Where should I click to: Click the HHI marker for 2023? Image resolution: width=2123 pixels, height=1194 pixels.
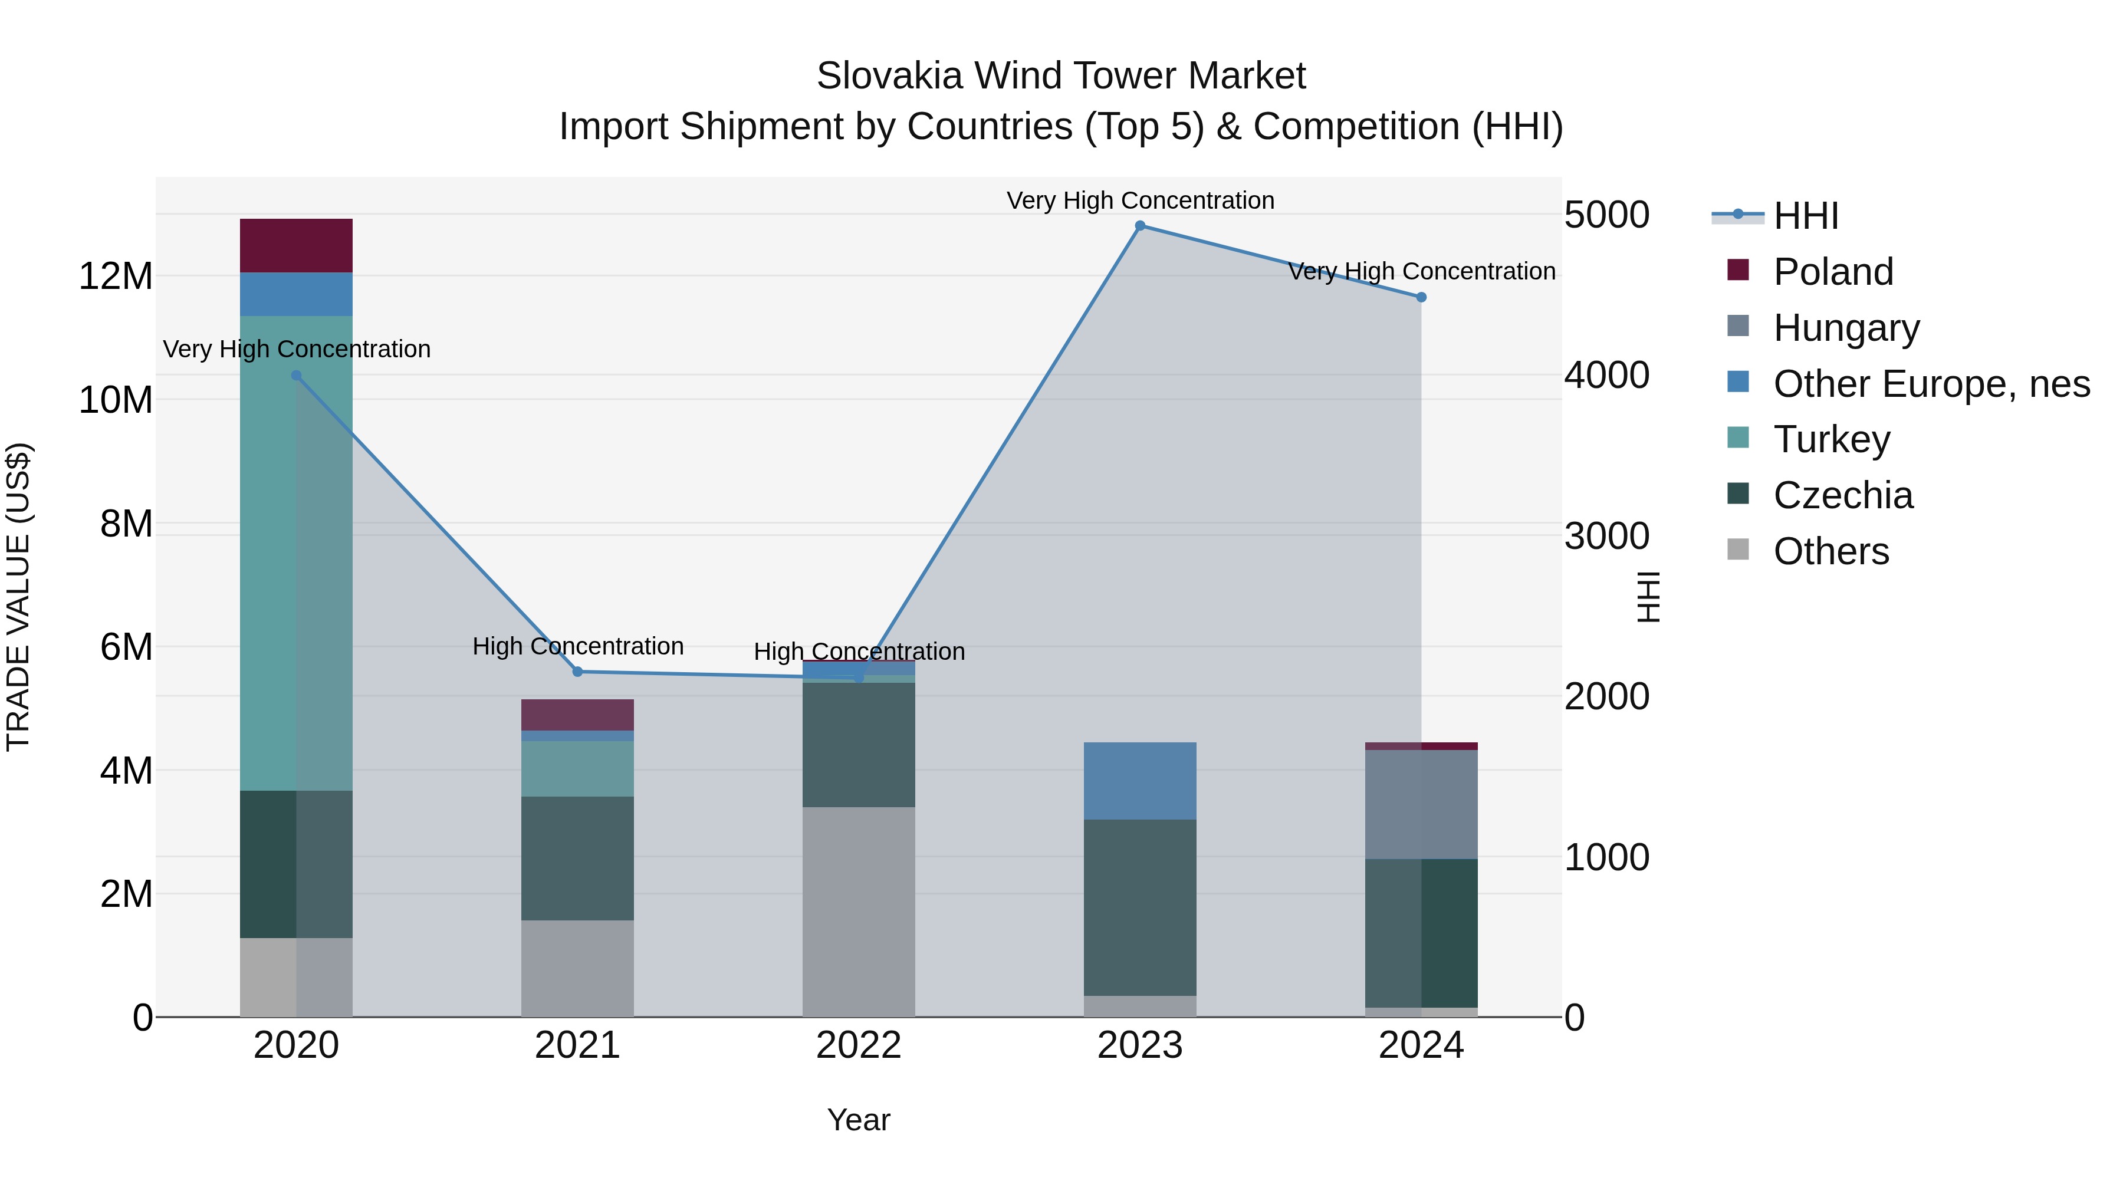click(1140, 226)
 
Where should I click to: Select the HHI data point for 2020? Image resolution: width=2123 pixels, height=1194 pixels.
click(297, 376)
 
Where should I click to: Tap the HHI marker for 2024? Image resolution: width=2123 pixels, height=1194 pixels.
click(1421, 298)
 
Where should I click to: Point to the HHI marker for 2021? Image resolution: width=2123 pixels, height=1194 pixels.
click(578, 672)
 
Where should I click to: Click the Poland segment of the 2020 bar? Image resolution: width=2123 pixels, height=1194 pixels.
click(297, 245)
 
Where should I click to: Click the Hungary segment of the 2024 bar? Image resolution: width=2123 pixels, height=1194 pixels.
click(1421, 804)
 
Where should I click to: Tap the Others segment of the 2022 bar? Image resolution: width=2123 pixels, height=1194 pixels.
click(859, 912)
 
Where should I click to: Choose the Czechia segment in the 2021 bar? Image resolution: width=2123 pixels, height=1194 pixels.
click(578, 858)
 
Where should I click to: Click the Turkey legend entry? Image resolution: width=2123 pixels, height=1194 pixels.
click(1831, 439)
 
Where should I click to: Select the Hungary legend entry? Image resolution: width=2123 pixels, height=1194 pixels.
click(1846, 327)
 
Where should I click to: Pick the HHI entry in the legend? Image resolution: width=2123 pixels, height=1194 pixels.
click(1805, 216)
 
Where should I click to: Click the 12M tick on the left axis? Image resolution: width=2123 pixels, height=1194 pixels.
click(116, 276)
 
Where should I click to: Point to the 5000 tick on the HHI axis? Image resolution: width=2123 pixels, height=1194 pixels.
click(1606, 215)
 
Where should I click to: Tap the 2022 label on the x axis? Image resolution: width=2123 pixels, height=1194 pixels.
click(859, 1045)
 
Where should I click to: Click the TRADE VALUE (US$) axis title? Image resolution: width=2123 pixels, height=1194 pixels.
click(18, 597)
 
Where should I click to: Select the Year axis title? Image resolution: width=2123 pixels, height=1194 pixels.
click(859, 1120)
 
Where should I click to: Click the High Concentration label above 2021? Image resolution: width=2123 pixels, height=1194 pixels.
click(578, 646)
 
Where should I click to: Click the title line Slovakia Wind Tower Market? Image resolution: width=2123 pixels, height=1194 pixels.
click(1061, 76)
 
